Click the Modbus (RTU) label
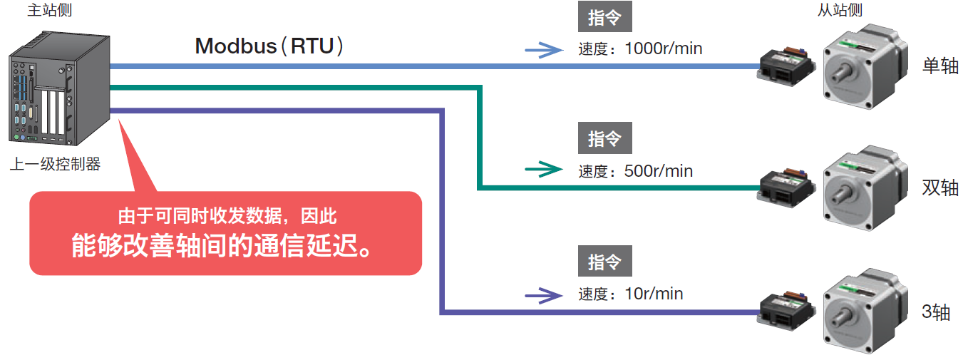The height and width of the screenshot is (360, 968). click(x=271, y=46)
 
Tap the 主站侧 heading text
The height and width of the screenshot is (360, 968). click(x=49, y=10)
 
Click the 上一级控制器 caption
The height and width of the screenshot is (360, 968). click(x=55, y=165)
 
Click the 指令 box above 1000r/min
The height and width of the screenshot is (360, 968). click(x=604, y=17)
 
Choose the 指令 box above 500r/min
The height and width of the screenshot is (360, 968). click(x=604, y=138)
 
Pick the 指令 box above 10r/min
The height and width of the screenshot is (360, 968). click(x=604, y=262)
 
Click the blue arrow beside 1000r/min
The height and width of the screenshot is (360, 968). click(x=543, y=50)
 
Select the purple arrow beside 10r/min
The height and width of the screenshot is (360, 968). click(x=543, y=294)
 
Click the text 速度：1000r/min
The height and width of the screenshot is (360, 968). click(x=640, y=49)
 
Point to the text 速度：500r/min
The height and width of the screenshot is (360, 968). click(x=635, y=171)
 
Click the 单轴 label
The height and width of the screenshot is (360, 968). click(x=939, y=66)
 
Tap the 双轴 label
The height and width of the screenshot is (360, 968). click(x=939, y=188)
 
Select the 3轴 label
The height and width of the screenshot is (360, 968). click(x=936, y=312)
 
